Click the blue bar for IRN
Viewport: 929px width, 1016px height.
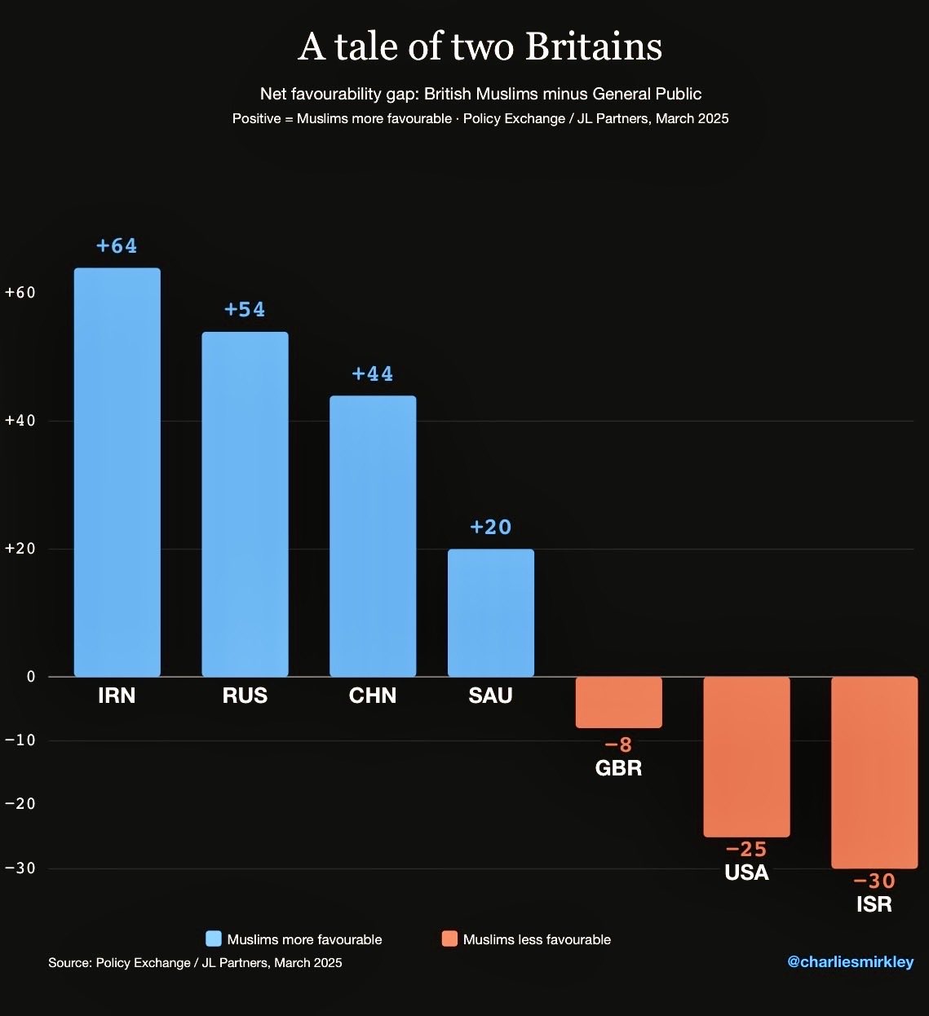117,472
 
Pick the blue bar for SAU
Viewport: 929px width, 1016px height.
491,612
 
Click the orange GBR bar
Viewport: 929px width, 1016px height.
619,702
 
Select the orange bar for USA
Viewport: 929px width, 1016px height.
746,757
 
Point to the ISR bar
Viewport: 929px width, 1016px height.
874,772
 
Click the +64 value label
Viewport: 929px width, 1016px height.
117,245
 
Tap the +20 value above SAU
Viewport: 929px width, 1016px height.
491,527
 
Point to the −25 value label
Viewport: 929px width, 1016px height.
746,850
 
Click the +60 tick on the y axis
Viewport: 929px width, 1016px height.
20,293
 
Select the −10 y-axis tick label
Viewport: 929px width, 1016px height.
20,740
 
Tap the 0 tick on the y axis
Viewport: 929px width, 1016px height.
31,677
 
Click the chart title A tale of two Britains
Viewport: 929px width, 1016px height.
480,46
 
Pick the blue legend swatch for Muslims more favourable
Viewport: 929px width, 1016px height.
214,939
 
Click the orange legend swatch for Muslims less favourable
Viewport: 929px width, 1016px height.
449,939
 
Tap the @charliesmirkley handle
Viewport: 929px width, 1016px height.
850,962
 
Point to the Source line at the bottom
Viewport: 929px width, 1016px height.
195,963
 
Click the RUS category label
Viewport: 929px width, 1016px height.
245,696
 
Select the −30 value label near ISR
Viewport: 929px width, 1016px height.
874,881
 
